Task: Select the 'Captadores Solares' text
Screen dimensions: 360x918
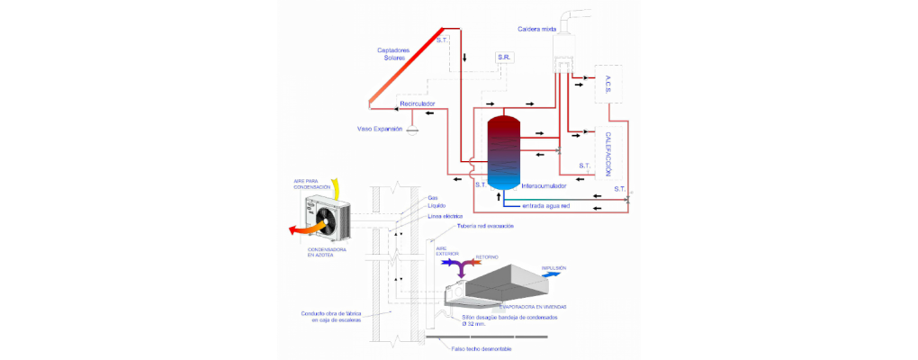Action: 392,53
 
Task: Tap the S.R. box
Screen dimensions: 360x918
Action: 504,58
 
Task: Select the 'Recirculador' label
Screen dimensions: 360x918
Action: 418,103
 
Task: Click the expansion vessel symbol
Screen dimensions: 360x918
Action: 413,130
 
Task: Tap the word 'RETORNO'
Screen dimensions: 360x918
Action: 487,256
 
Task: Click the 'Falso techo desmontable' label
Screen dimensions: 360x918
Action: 484,347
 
